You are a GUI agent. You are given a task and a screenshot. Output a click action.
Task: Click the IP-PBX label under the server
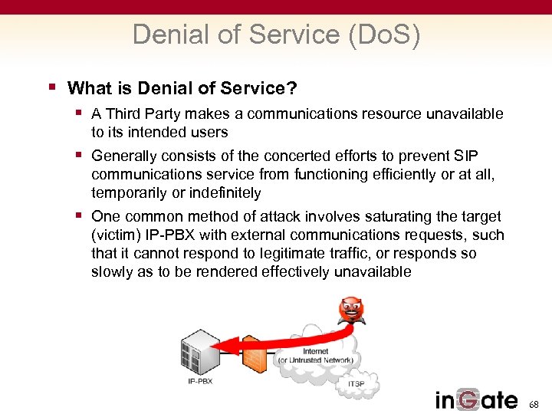(201, 382)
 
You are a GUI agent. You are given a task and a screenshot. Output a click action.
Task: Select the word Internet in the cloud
(315, 351)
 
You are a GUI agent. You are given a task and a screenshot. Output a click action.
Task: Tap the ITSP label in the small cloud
(356, 384)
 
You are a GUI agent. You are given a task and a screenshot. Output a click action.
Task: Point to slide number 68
(534, 403)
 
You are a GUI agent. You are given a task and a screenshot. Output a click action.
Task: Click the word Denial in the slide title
(163, 35)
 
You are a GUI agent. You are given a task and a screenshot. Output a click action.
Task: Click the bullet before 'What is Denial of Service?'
(52, 87)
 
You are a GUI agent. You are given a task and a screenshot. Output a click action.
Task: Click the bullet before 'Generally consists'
(80, 156)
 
